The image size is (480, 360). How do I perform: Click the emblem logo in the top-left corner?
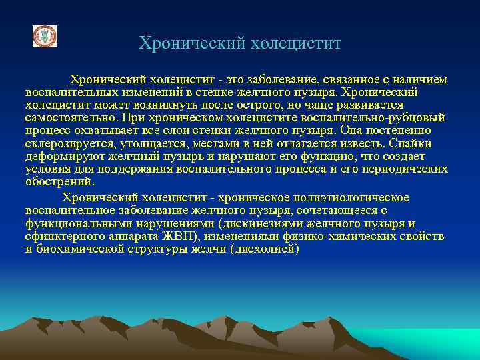(x=45, y=37)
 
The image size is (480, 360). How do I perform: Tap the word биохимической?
(x=77, y=249)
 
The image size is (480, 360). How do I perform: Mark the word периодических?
(x=407, y=169)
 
